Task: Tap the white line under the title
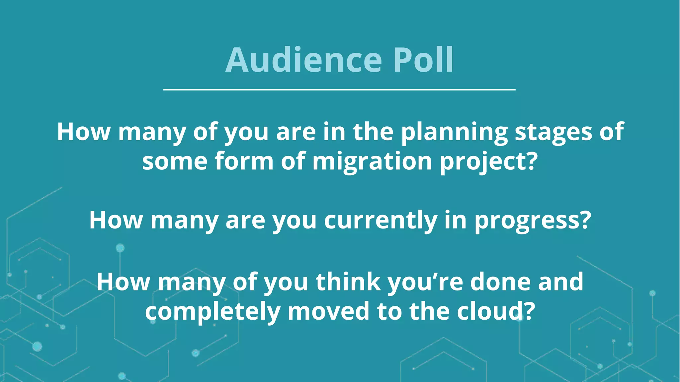click(339, 90)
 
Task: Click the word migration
click(372, 162)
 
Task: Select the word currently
click(380, 221)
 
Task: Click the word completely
click(212, 312)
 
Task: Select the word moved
click(328, 312)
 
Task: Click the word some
click(175, 162)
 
